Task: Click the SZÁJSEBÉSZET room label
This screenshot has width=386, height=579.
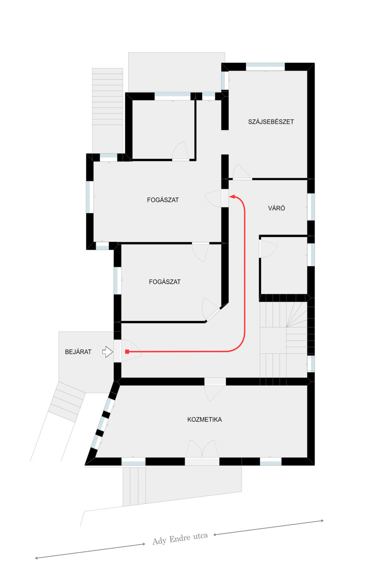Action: (271, 122)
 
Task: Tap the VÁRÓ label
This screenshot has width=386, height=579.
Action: (277, 208)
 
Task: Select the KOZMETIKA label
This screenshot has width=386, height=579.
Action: (205, 419)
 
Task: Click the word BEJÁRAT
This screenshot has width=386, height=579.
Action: (78, 352)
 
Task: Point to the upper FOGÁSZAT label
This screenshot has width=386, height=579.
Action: (163, 200)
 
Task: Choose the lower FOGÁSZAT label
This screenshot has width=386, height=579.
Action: (165, 282)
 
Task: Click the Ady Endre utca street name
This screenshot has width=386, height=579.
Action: (180, 538)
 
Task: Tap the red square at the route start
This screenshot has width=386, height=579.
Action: (127, 352)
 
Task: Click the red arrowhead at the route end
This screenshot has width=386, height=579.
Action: (232, 197)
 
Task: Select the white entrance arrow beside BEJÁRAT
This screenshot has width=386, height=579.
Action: (108, 352)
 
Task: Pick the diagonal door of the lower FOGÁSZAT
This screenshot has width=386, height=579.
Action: (212, 311)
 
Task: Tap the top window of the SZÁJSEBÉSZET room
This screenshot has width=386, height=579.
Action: (265, 67)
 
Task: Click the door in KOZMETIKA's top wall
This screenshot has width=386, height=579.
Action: (215, 389)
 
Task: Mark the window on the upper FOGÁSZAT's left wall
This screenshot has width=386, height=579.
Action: (90, 197)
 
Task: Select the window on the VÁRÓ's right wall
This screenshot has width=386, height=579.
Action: (311, 207)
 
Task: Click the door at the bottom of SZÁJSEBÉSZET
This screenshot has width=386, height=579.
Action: (242, 172)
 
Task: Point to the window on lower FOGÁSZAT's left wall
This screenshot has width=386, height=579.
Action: (118, 280)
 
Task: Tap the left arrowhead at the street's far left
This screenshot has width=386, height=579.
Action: (36, 558)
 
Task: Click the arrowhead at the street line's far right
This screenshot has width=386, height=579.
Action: (322, 520)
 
